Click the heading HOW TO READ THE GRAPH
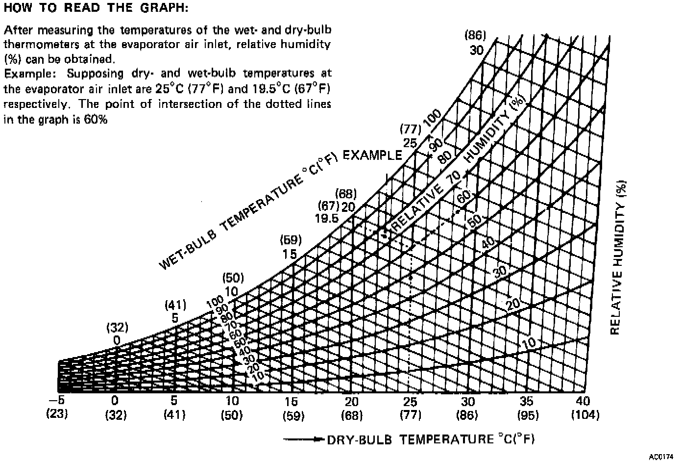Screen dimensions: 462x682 [x=96, y=8]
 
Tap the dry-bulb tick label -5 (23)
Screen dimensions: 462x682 [x=57, y=407]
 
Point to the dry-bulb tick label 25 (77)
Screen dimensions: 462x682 [x=410, y=408]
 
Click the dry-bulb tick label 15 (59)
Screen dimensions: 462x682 [x=293, y=408]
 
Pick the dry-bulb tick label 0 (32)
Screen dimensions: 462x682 [x=116, y=408]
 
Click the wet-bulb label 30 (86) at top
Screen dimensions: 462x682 [x=475, y=43]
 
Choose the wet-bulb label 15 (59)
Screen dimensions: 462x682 [x=290, y=247]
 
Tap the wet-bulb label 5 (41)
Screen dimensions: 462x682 [x=175, y=311]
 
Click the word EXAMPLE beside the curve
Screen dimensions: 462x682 [x=372, y=155]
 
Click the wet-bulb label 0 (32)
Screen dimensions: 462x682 [x=117, y=334]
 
